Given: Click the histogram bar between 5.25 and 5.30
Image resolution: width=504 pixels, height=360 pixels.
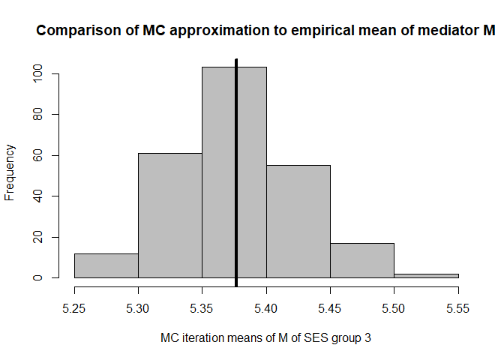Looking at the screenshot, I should pos(106,265).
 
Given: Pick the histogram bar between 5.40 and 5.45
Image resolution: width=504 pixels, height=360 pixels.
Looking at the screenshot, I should pos(298,222).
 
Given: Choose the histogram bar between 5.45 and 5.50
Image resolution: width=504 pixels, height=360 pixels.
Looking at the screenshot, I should pos(361,260).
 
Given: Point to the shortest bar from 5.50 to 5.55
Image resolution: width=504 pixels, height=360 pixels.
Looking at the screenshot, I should pos(426,275).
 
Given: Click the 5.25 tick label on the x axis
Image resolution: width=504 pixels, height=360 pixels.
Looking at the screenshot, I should pos(74,307).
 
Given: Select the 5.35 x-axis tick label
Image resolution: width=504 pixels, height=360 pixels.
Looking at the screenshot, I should pos(202,307).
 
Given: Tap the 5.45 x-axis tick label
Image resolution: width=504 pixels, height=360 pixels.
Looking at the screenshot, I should pos(330,307).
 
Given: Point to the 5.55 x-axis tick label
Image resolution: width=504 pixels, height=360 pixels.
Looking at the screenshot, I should pos(457,307).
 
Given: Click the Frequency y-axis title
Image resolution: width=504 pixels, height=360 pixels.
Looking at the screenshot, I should pos(10,172).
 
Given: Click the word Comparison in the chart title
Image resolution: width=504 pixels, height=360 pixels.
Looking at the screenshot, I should pos(73,31).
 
